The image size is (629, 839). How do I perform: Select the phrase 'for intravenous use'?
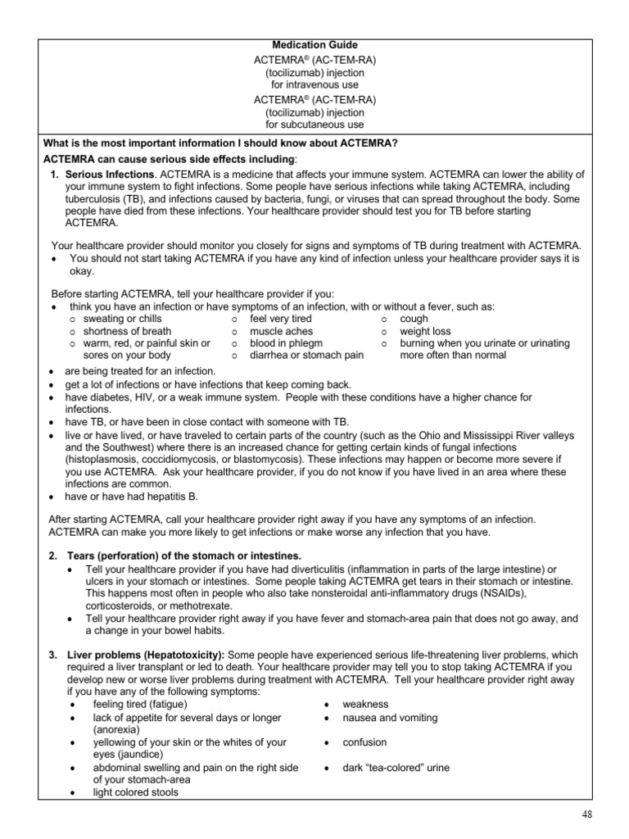315,84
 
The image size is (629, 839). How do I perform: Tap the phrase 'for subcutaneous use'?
315,125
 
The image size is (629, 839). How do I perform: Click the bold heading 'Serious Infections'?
110,175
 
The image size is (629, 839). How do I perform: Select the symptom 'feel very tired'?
281,319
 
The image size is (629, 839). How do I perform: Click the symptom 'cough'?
414,319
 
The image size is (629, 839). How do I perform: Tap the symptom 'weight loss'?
425,331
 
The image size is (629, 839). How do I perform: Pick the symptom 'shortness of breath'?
127,331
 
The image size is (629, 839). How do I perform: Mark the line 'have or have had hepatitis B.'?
132,497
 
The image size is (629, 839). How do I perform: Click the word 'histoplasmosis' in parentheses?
101,460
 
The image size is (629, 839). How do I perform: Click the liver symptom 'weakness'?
366,705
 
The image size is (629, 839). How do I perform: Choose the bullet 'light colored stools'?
135,792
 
